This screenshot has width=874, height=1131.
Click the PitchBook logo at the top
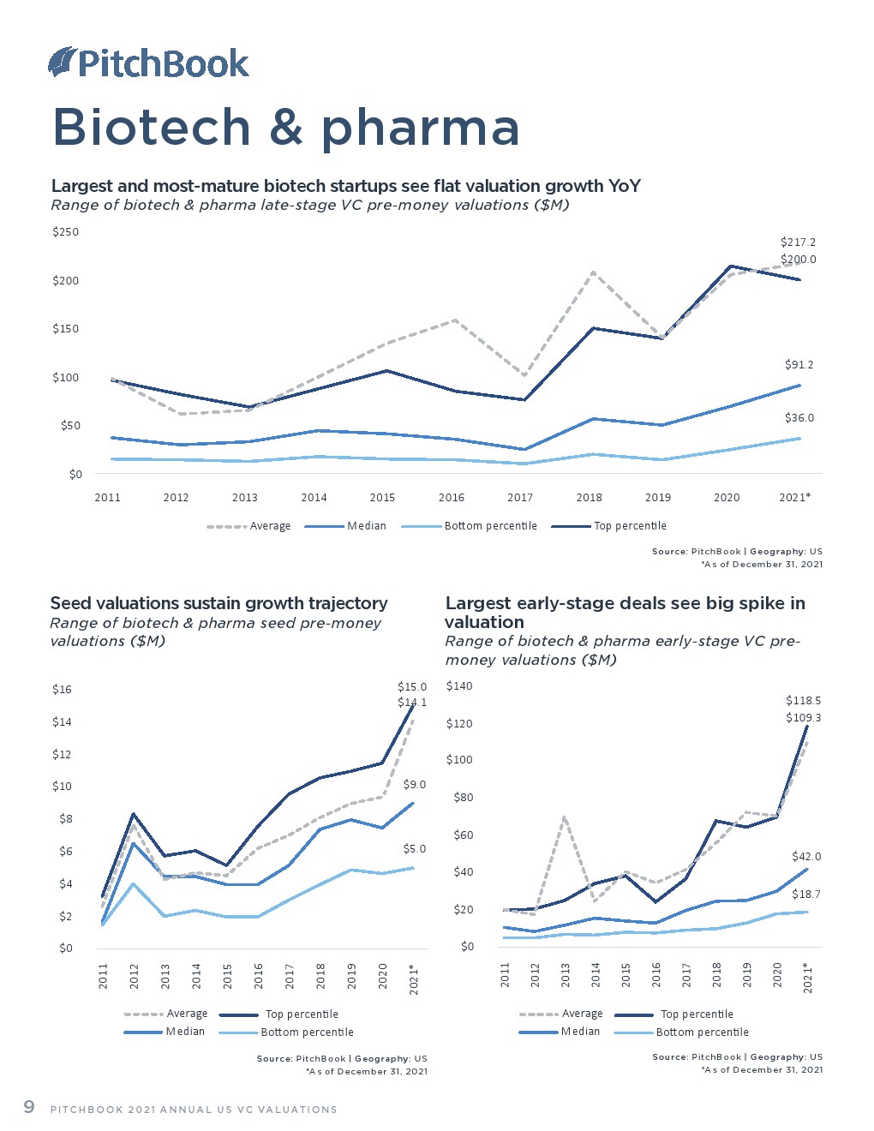point(148,63)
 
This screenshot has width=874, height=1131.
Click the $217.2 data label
point(798,242)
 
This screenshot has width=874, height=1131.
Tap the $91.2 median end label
point(799,365)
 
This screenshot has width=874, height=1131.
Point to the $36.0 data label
point(799,418)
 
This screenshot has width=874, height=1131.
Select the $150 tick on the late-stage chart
point(66,329)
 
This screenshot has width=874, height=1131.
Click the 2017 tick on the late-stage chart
point(520,498)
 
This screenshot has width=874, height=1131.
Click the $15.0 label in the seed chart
point(411,687)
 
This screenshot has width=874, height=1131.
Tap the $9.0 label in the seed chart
point(414,785)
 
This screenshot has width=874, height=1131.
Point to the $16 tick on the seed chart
point(62,690)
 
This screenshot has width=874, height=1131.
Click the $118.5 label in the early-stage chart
point(803,701)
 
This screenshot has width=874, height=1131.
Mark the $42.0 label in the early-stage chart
point(805,857)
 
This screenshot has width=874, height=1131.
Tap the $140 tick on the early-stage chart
point(459,686)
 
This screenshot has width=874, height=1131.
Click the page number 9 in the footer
point(29,1107)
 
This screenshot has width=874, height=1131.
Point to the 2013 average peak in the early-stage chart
point(565,817)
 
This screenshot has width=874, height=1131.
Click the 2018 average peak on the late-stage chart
point(592,272)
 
